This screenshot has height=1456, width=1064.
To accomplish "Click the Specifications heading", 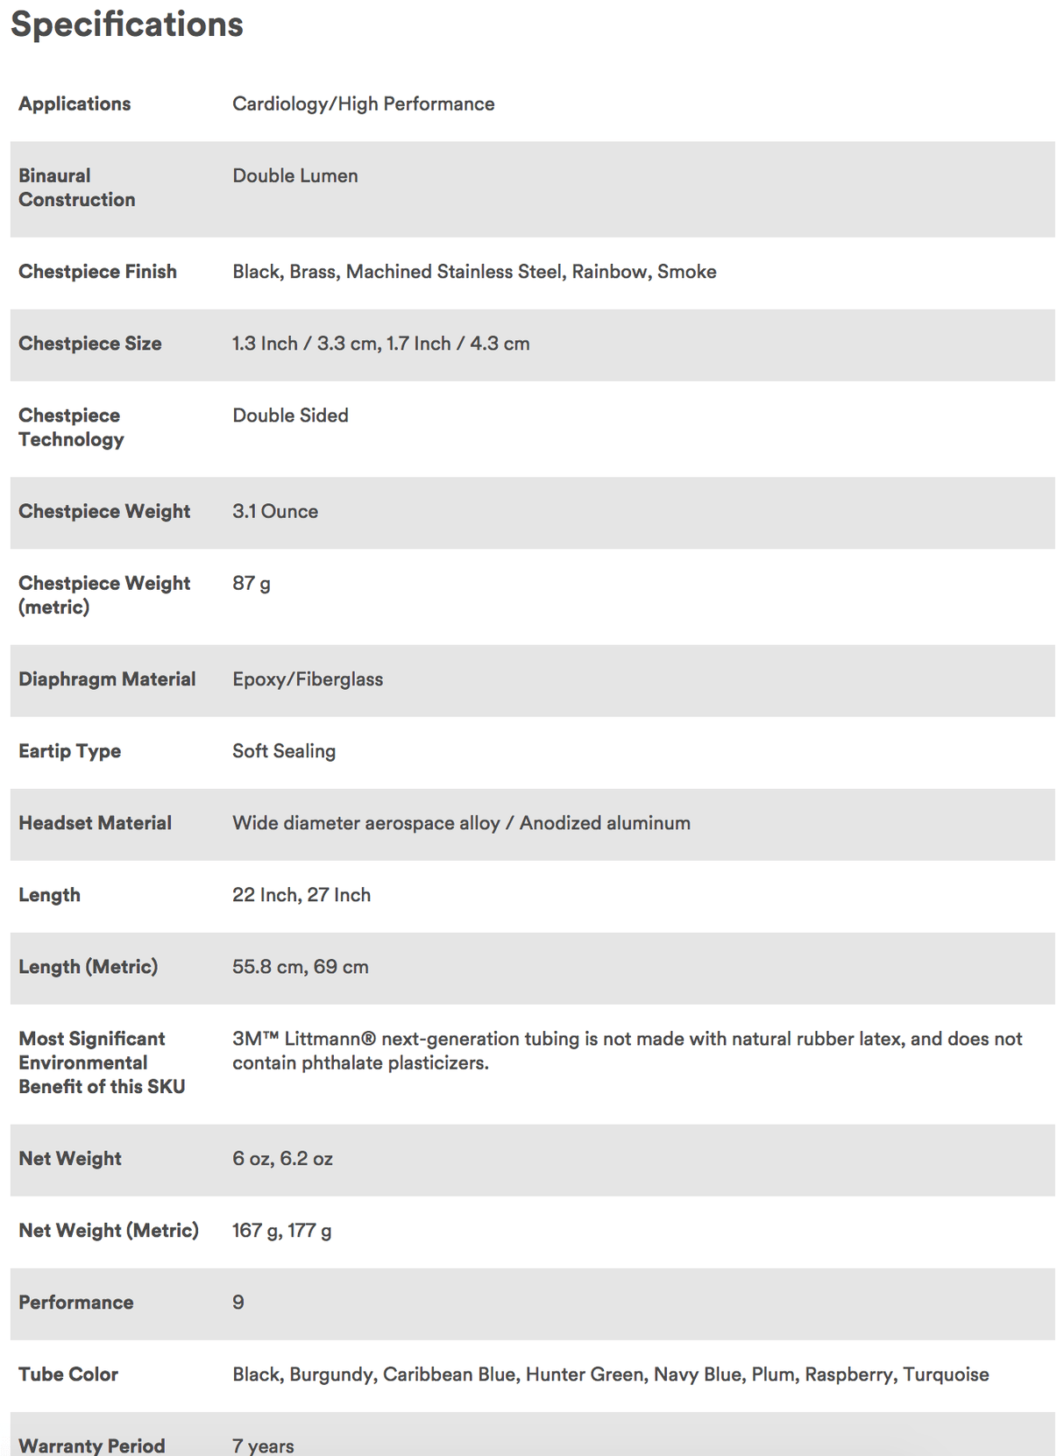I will (127, 25).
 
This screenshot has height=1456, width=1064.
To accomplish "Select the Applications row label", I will (74, 103).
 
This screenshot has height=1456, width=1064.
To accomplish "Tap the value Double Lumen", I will (295, 175).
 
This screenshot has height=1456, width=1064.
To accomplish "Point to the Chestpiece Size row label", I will (90, 344).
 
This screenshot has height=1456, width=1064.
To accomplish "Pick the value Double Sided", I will (290, 415).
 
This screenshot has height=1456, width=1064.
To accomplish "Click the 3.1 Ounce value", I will (275, 511).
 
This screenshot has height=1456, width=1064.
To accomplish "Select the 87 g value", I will (252, 583).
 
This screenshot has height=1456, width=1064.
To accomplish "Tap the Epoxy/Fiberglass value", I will (308, 679).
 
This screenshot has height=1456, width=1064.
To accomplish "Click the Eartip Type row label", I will (70, 751).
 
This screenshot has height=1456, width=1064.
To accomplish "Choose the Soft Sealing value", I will (284, 751).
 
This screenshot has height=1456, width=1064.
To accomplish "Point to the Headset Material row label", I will (95, 823).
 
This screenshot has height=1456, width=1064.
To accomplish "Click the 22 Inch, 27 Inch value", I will (301, 895).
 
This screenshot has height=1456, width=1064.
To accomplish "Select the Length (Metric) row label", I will (89, 967).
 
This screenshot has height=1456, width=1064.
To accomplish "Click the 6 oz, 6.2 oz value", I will (282, 1159).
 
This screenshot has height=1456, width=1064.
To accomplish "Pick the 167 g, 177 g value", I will (281, 1231).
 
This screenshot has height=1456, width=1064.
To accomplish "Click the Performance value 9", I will (238, 1303).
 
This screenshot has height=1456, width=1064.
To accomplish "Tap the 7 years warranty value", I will (263, 1445).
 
